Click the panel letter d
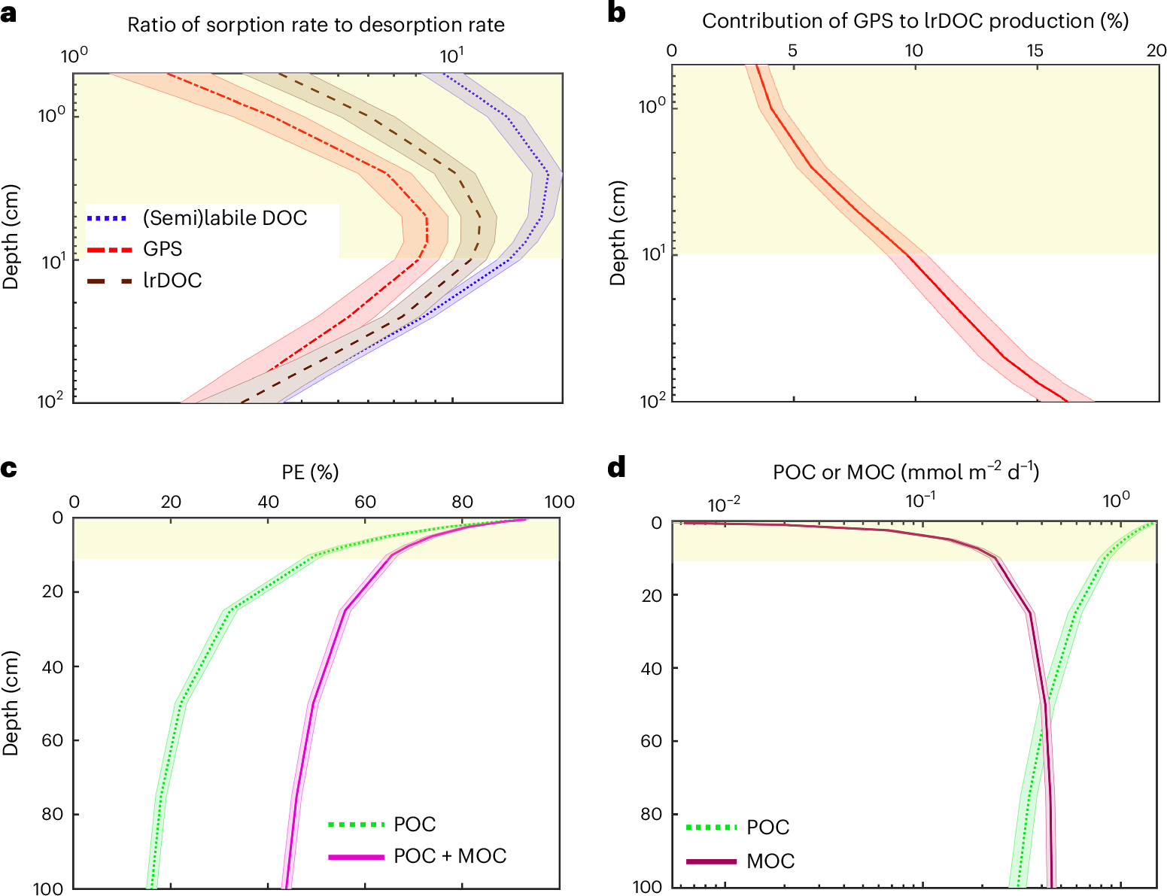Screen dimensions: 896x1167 [x=617, y=468]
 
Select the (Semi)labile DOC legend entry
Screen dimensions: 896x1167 [x=225, y=218]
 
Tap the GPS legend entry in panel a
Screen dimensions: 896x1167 [x=163, y=249]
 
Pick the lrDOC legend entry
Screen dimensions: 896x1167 [x=172, y=281]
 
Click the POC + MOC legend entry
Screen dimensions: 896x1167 [x=449, y=856]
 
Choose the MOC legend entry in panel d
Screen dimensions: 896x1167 [x=770, y=861]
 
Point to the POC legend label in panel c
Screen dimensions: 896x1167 [x=415, y=825]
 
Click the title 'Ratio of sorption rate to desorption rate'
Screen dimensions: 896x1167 [x=316, y=25]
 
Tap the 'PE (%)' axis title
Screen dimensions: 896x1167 [x=311, y=472]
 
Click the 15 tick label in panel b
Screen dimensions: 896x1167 [x=1035, y=50]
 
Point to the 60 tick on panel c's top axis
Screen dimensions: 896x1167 [x=365, y=502]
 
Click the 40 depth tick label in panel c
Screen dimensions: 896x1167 [x=53, y=667]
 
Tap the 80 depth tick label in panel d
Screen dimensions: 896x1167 [x=652, y=815]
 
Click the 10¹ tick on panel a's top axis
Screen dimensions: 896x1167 [x=451, y=56]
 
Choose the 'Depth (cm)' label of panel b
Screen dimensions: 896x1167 [x=618, y=233]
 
